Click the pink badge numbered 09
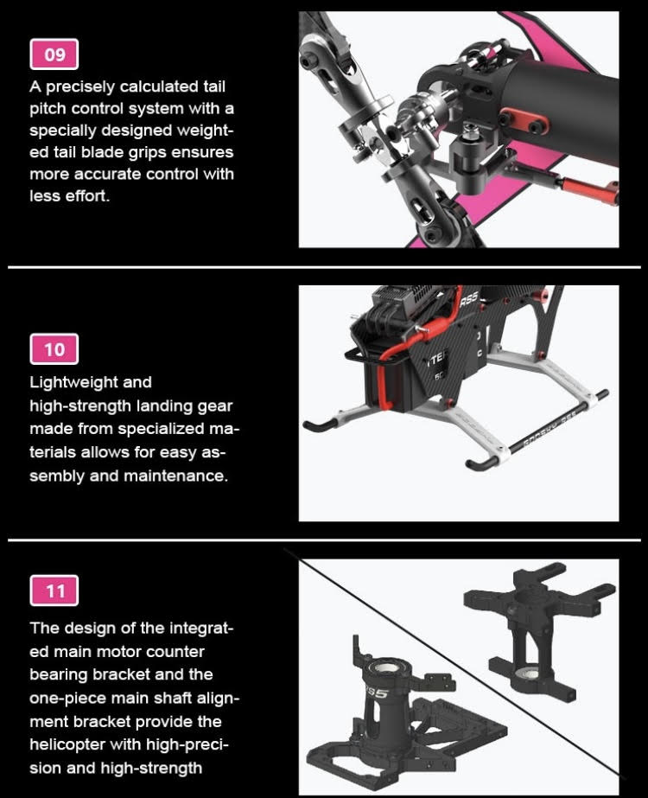click(x=54, y=54)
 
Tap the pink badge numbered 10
click(x=54, y=349)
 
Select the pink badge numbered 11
click(x=54, y=591)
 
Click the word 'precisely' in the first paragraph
click(x=80, y=87)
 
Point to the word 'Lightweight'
click(x=91, y=382)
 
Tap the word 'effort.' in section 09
click(x=87, y=196)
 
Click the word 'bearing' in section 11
click(x=57, y=675)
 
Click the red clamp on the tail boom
click(x=524, y=120)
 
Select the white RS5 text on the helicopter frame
click(x=468, y=299)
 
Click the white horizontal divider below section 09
click(x=324, y=266)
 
